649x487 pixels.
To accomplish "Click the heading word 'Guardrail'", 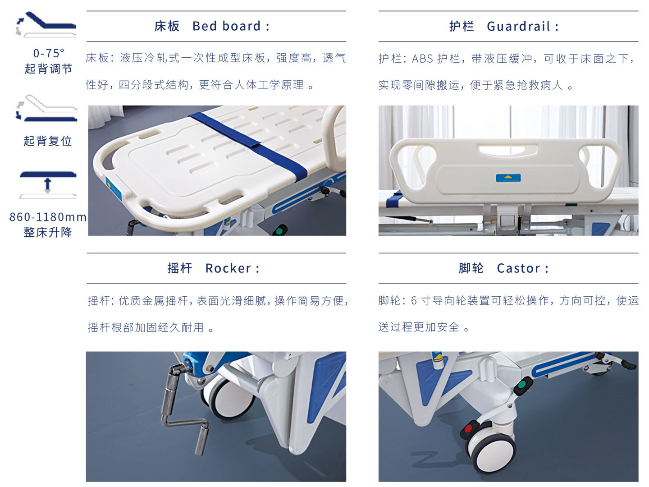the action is point(518,26).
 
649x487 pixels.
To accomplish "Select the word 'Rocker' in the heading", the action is point(228,268).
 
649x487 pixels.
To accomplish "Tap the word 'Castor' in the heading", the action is point(518,268).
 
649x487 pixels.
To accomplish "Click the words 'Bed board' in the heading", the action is point(227,26).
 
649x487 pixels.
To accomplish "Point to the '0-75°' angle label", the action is point(49,53).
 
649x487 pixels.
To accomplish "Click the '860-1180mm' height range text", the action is point(48,217).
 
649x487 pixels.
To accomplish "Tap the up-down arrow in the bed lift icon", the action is point(48,185).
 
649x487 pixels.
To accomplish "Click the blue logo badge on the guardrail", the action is point(508,178).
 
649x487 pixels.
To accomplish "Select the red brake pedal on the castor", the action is point(469,428).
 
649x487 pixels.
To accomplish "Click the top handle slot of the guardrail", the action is point(508,150).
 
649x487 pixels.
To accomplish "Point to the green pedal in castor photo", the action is point(523,385).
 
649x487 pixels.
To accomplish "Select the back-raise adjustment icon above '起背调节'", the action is point(46,24).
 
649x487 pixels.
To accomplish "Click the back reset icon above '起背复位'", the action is point(46,108).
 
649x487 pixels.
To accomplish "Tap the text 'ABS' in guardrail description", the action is point(422,59).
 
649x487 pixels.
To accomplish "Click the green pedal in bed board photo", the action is point(280,230).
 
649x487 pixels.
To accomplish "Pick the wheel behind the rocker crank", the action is point(228,397).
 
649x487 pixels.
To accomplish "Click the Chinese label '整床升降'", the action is point(48,232).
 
